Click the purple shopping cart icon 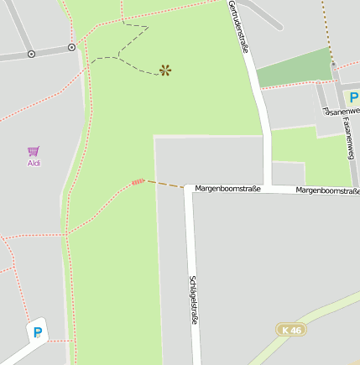click(34, 151)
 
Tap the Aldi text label click(34, 163)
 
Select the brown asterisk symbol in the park click(165, 70)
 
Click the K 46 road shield click(291, 330)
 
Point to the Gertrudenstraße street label click(238, 27)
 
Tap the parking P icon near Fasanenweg click(354, 98)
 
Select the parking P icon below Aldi click(37, 332)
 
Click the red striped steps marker click(138, 181)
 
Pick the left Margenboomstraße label click(227, 189)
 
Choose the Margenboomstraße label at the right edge click(328, 190)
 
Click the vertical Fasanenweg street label click(348, 138)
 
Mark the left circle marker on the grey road click(31, 54)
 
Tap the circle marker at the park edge click(71, 47)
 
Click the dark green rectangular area click(294, 69)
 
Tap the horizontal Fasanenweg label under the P click(342, 112)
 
